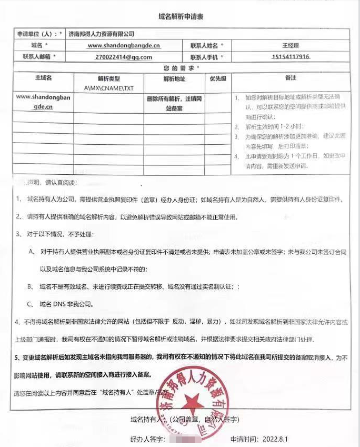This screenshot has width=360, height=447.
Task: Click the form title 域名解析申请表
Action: pos(181,17)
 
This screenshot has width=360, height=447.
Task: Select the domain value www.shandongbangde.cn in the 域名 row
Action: pos(124,45)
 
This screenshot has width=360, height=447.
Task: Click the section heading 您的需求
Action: pos(180,68)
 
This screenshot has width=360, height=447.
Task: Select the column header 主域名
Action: pos(43,78)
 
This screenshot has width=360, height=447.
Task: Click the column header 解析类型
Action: pos(109,78)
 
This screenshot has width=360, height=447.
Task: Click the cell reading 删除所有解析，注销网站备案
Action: pos(174,104)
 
